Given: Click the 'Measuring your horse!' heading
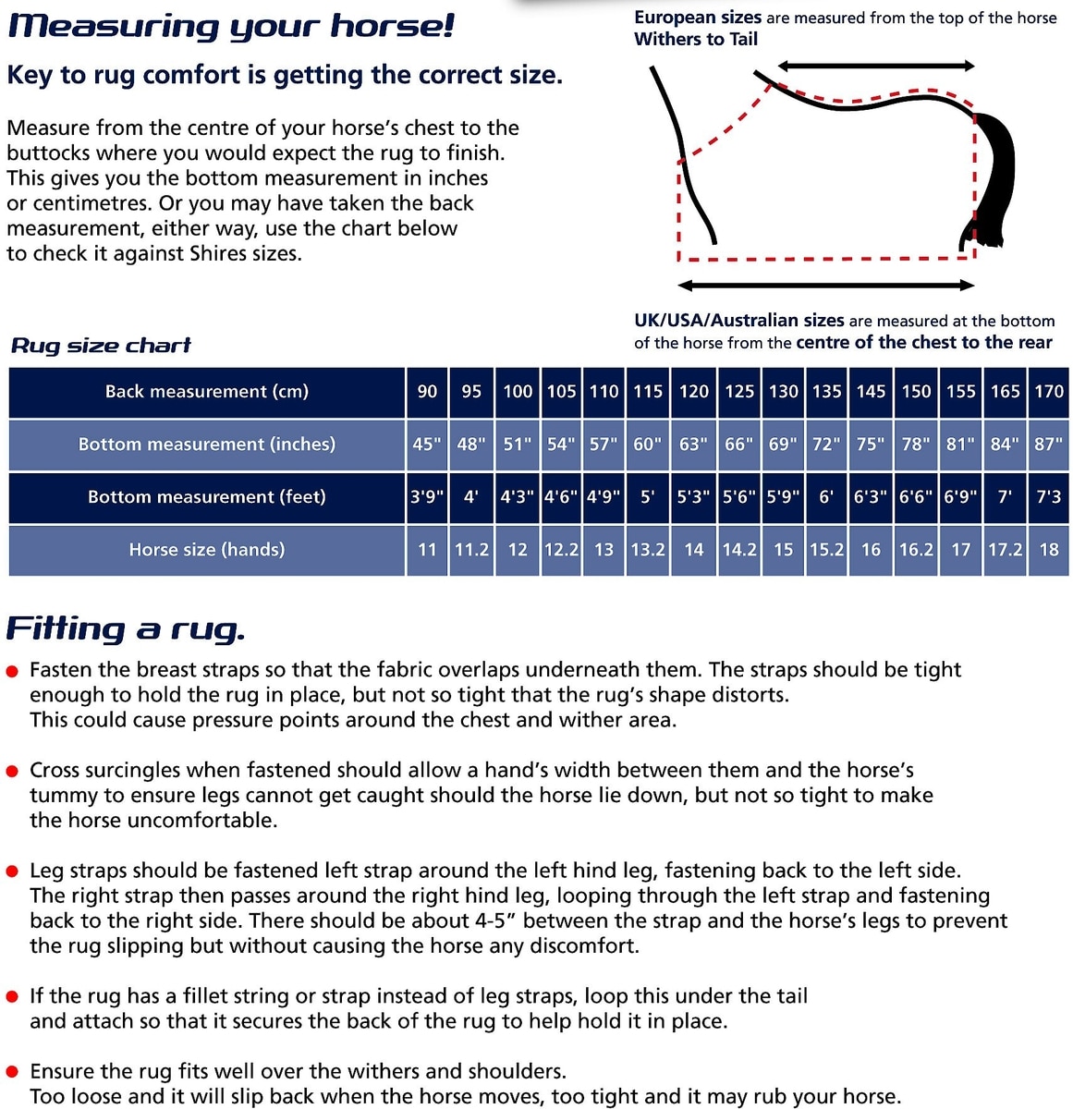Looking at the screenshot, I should coord(231,25).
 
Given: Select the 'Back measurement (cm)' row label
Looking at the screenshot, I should coord(207,392).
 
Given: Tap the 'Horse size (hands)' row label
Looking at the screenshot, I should coord(207,550).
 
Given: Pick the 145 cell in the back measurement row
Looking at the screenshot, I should coord(871,392).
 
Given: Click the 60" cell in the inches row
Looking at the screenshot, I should coord(648,445).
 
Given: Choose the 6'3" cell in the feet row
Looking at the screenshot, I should coord(871,497).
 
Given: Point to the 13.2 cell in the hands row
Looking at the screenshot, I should coord(648,550).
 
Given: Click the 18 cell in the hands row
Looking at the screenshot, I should coord(1049,550).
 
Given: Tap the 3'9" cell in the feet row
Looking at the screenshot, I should coord(426,497).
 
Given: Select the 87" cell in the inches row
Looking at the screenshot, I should coord(1049,445).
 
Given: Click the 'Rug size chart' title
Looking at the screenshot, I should coord(101,346).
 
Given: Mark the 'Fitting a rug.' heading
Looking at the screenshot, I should coord(126,629).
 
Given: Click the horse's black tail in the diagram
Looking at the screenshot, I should coord(994,176).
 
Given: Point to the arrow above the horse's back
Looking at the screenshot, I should coord(875,66).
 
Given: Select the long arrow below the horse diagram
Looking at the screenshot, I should coord(825,286).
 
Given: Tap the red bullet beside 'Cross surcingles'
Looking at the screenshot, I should coord(13,772).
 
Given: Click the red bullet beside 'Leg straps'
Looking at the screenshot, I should coord(13,871).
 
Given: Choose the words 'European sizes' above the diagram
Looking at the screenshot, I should coord(698,18).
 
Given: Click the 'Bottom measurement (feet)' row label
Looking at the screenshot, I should coord(207,497).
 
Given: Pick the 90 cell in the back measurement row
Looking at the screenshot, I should coord(427,392).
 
